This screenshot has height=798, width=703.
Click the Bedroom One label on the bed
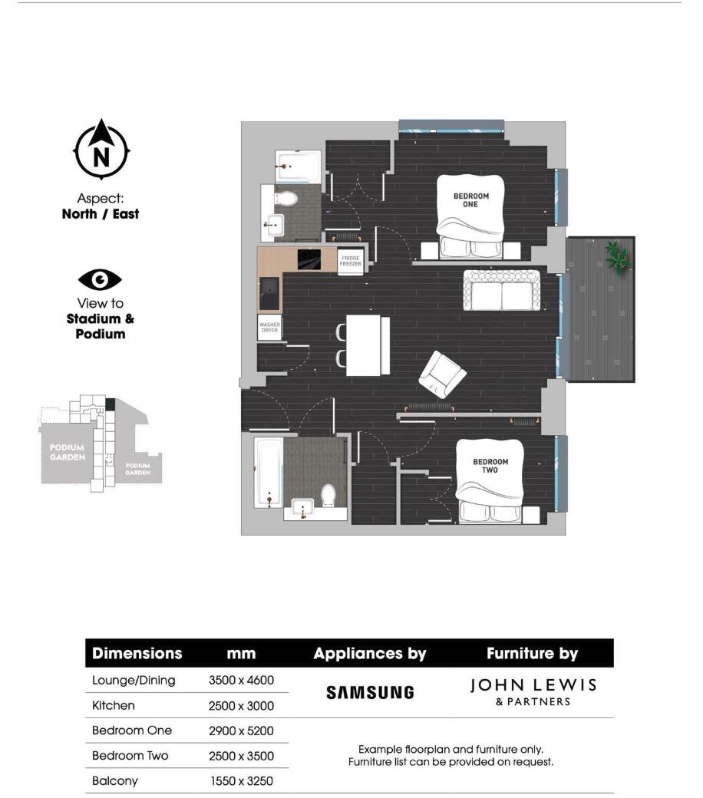coord(470,200)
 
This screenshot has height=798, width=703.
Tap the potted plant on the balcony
coord(616,257)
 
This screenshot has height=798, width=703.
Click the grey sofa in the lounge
coord(501,291)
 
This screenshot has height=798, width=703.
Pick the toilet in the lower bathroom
coord(328,494)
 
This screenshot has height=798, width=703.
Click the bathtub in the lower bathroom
coord(268,472)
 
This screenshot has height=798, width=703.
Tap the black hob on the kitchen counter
coord(310,258)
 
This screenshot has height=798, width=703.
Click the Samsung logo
coord(370,692)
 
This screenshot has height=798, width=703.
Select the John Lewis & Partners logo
coord(532,691)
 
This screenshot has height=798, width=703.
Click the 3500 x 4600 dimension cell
coord(241,680)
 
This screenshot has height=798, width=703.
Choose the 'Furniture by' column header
coord(532,654)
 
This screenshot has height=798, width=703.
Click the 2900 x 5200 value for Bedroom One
coord(241,730)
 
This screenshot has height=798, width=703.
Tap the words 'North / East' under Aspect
coord(101,214)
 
